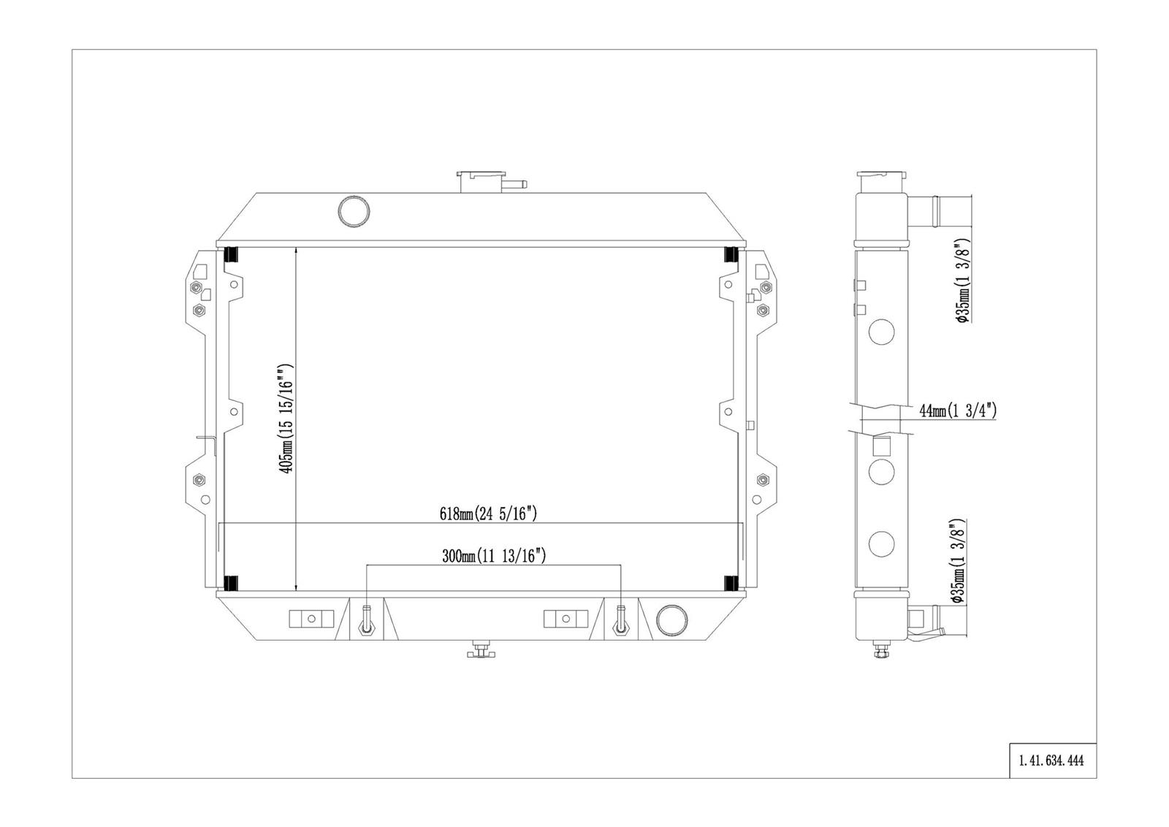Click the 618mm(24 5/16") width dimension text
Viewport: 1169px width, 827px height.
click(x=488, y=514)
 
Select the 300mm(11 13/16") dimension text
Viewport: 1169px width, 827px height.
click(x=494, y=556)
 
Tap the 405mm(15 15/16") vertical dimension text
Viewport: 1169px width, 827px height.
click(x=286, y=419)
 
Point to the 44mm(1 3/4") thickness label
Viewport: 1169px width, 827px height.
click(x=958, y=411)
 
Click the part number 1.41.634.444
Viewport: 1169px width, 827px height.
click(x=1051, y=761)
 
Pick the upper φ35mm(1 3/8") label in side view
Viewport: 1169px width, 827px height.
click(x=962, y=281)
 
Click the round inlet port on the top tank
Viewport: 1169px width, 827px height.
click(x=354, y=211)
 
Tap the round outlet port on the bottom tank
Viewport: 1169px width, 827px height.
click(x=671, y=620)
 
